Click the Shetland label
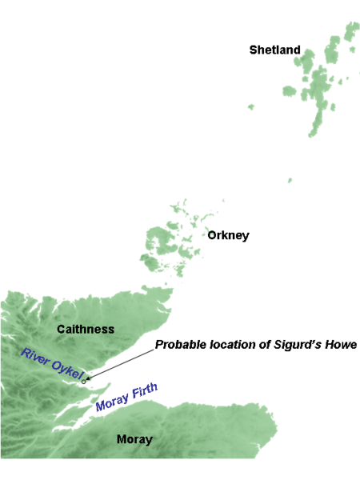click(x=274, y=50)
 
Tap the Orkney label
click(x=228, y=235)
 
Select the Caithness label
click(x=86, y=329)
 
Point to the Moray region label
click(x=134, y=439)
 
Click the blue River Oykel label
click(x=52, y=364)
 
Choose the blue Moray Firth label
click(x=126, y=397)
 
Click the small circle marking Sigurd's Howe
click(x=84, y=382)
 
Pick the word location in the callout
click(x=235, y=345)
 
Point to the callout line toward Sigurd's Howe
click(x=120, y=364)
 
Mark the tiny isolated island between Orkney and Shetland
click(x=290, y=180)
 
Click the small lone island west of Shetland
click(x=250, y=106)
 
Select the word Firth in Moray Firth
click(x=144, y=391)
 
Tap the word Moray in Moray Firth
click(x=111, y=402)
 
